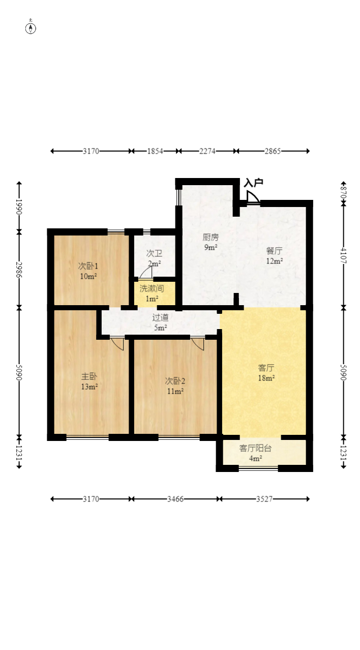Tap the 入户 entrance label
click(254, 183)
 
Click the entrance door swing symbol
click(253, 196)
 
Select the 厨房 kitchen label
click(211, 238)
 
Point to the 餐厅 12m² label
click(275, 256)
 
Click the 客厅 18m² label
click(266, 373)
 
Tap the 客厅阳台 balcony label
click(255, 448)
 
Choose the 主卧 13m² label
click(89, 381)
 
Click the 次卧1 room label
click(88, 266)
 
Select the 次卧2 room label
click(175, 381)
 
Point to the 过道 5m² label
click(160, 322)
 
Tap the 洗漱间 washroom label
click(152, 288)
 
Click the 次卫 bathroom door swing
click(145, 273)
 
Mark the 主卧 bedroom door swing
click(117, 344)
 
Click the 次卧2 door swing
click(198, 344)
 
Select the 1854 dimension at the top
click(155, 151)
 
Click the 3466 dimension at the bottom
click(175, 499)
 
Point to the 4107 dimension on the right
click(343, 255)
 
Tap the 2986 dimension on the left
click(19, 270)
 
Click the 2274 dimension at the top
click(207, 151)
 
